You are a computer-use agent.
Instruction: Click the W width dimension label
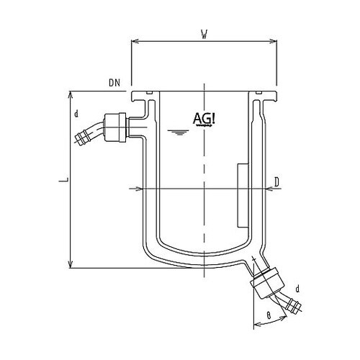[x=204, y=32]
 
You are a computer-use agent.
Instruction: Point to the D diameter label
[x=277, y=182]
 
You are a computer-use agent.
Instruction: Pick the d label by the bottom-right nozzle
[x=297, y=288]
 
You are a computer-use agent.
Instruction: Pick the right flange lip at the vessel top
[x=266, y=94]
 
